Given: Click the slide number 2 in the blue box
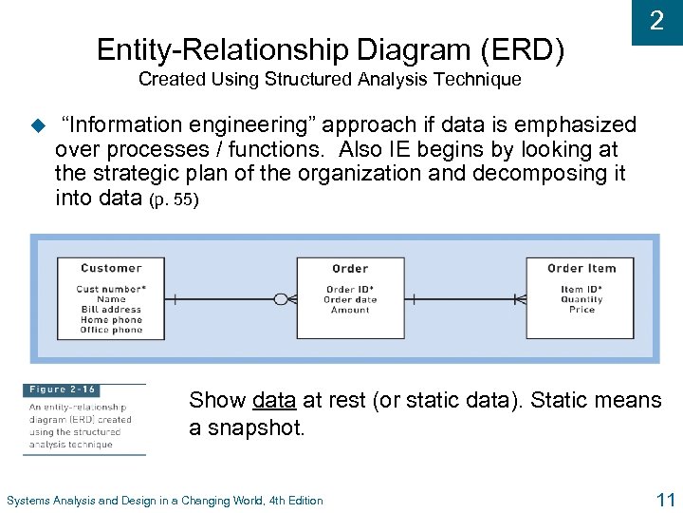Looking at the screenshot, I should (656, 21).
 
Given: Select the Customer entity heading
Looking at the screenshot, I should (111, 268).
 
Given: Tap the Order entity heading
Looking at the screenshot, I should (350, 269).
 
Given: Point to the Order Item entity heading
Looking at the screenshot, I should (581, 268).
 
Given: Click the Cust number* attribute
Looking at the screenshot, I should (111, 289).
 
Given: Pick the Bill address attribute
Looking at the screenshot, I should (111, 310).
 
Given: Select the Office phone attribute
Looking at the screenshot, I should (111, 330).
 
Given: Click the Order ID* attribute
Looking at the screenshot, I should (350, 290).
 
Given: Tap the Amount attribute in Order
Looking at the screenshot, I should (350, 310).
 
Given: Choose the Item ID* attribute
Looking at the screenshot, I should (581, 289).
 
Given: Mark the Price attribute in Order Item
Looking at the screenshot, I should (581, 310).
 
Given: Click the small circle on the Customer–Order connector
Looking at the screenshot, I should (280, 299).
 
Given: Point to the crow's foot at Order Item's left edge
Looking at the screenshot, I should (519, 299).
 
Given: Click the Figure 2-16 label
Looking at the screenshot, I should (61, 389).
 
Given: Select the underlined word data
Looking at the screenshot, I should (274, 401).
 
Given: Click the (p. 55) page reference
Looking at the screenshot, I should (175, 200).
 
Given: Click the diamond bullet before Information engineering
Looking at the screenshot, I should (38, 124).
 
